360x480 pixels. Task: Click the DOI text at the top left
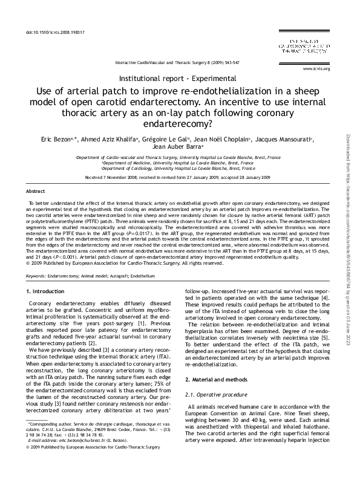pyautogui.click(x=54, y=31)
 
